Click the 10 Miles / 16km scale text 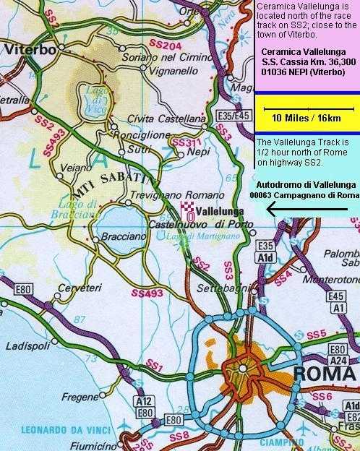pyautogui.click(x=306, y=116)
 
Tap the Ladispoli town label pyautogui.click(x=27, y=346)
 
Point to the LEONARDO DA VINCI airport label pyautogui.click(x=51, y=426)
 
